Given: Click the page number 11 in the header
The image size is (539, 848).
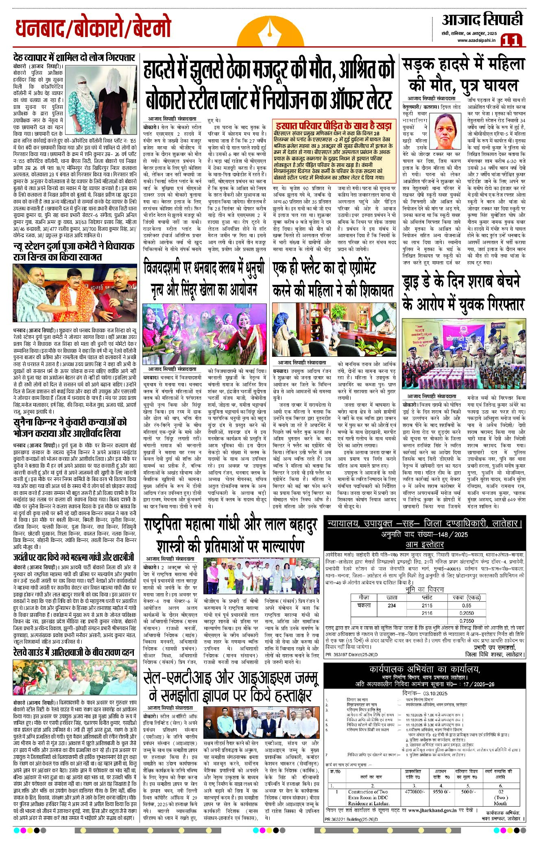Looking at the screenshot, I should click(x=511, y=41).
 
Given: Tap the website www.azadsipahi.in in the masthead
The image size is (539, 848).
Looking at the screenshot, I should click(x=476, y=40).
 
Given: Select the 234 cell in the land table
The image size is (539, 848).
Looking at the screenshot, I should click(x=391, y=605).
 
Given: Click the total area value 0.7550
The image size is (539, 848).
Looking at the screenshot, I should click(x=467, y=621).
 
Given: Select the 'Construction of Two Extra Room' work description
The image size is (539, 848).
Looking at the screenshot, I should click(x=368, y=797).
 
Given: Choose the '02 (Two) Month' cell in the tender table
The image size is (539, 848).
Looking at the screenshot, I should click(x=500, y=797).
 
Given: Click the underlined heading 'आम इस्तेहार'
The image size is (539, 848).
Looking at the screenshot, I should click(x=424, y=544).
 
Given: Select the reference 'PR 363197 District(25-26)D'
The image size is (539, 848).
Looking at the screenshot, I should click(x=351, y=655).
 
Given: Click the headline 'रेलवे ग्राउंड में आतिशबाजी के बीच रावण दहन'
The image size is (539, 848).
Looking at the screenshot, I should click(x=74, y=653).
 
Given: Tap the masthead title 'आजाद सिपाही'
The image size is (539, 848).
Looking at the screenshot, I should click(x=482, y=20).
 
